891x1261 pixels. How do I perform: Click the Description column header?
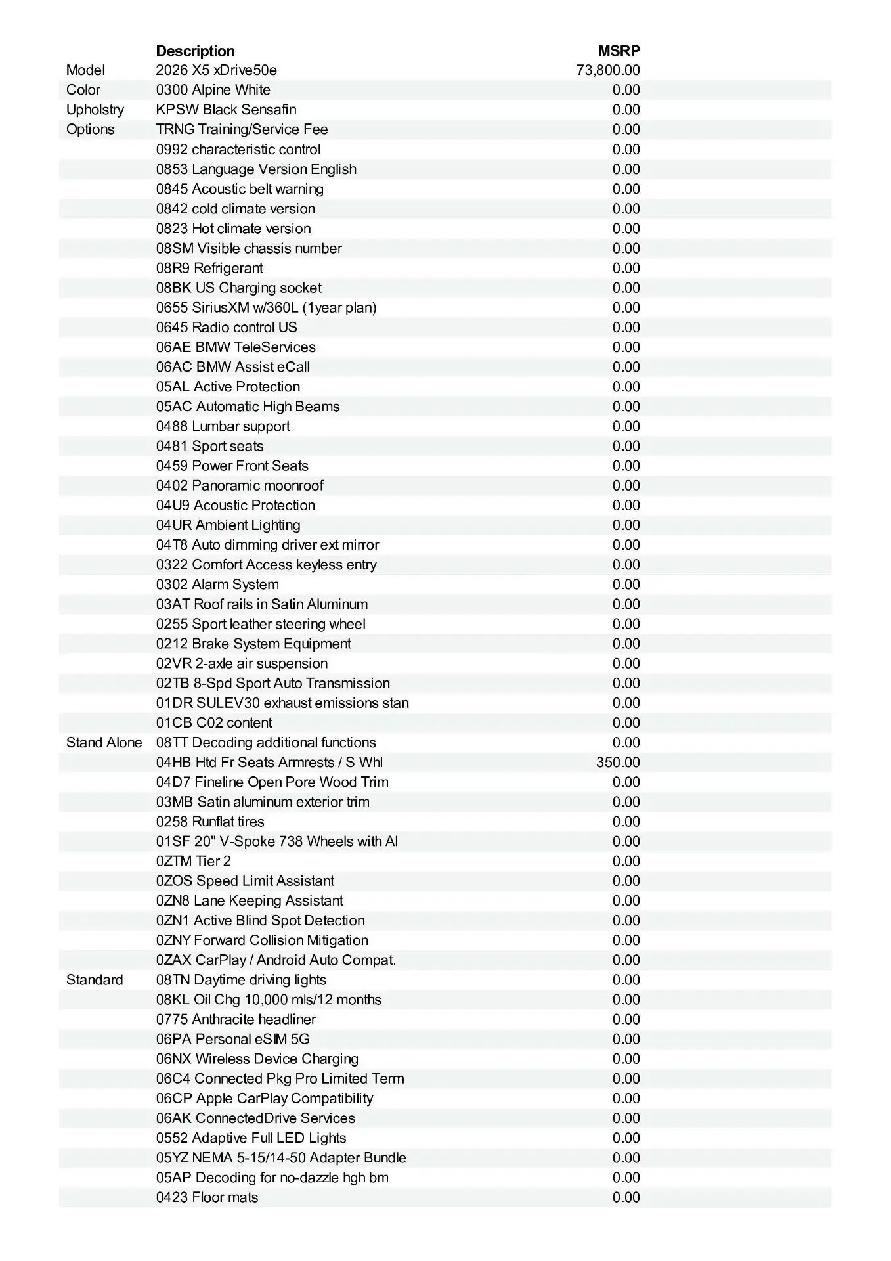click(x=195, y=51)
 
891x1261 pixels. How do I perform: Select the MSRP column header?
click(x=619, y=51)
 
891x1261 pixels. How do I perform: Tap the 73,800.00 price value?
click(x=608, y=70)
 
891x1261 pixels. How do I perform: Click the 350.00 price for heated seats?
click(x=618, y=763)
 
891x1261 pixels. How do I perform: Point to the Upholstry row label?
click(x=95, y=110)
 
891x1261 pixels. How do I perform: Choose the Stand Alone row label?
click(x=104, y=743)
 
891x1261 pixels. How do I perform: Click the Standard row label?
click(x=95, y=980)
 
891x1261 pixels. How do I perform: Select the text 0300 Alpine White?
click(x=213, y=90)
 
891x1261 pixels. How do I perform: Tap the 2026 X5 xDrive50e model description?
click(x=216, y=70)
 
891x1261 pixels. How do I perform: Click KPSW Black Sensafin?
click(x=226, y=110)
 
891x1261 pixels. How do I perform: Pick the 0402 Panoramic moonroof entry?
click(x=240, y=485)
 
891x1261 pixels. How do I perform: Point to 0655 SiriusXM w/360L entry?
click(x=266, y=307)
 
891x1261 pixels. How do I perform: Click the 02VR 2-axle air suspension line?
click(x=242, y=663)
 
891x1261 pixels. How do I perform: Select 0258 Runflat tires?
click(x=210, y=822)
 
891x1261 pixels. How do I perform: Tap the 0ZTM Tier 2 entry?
click(x=194, y=861)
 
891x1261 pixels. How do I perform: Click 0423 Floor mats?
click(x=207, y=1197)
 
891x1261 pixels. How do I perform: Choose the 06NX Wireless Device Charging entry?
click(x=257, y=1059)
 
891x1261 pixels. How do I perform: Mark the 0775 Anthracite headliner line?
click(x=236, y=1019)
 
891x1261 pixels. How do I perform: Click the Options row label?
click(x=90, y=129)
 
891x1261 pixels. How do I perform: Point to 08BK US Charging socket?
click(x=239, y=288)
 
